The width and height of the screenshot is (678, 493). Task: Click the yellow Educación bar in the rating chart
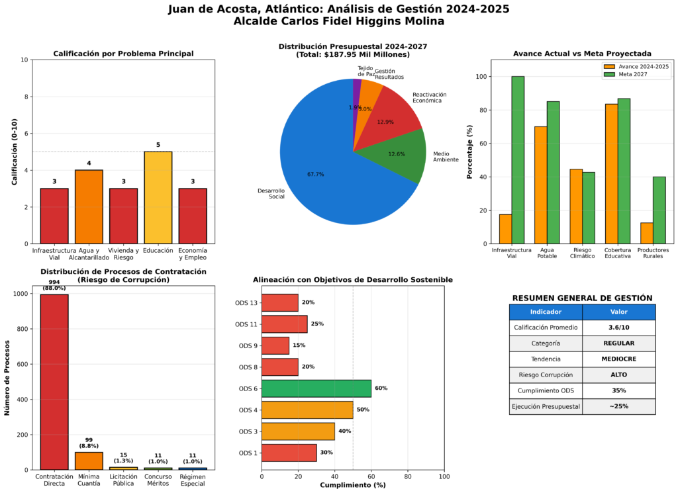[158, 197]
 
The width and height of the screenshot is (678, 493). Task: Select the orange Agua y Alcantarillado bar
[89, 206]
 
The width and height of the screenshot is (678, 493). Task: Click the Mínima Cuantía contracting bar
[89, 461]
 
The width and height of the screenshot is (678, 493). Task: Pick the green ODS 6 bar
[316, 388]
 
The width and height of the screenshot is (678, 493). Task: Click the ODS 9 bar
[275, 345]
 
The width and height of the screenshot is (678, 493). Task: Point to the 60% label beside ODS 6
[381, 389]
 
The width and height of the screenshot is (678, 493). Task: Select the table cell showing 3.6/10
[618, 328]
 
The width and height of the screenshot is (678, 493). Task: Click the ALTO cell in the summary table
[618, 375]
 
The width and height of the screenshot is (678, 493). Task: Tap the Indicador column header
[546, 312]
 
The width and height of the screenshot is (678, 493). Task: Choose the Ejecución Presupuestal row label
[546, 407]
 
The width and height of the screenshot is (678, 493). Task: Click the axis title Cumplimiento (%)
[353, 485]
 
